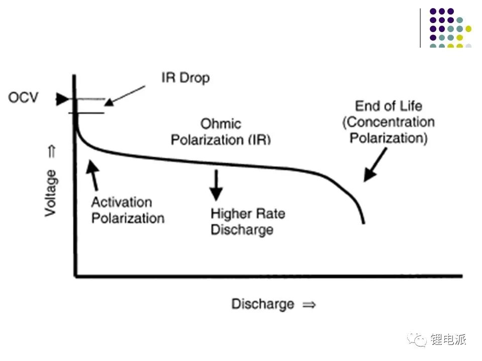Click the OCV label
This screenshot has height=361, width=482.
click(23, 98)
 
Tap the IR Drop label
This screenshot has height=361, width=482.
click(185, 78)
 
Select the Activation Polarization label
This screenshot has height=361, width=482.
click(128, 210)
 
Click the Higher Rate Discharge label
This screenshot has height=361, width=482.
click(248, 222)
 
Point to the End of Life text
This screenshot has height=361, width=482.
click(389, 106)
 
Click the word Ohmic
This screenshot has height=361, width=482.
click(221, 124)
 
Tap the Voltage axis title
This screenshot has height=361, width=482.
click(51, 193)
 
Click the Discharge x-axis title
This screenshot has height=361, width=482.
click(263, 304)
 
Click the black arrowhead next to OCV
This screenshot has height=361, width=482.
click(62, 99)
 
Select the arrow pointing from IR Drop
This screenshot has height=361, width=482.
click(125, 96)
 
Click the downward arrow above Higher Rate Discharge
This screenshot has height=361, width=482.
click(216, 186)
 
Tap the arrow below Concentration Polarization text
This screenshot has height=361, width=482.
click(375, 165)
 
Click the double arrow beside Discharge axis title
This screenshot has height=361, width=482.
click(309, 305)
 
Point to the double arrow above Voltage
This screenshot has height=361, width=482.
click(52, 151)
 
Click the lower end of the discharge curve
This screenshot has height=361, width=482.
click(364, 223)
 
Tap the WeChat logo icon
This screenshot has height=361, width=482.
click(417, 339)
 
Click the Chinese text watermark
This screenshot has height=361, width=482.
click(448, 339)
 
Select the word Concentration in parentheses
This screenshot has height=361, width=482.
click(391, 122)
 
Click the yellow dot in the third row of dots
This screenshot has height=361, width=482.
click(468, 29)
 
